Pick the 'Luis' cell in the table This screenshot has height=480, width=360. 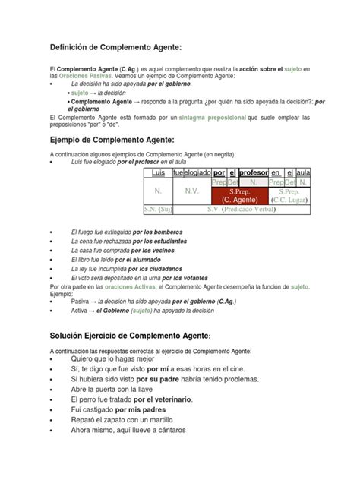pos(158,173)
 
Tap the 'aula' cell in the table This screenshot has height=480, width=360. pos(304,173)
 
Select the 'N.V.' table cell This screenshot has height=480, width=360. pos(191,192)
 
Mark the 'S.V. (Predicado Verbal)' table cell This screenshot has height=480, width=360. pos(242,209)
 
